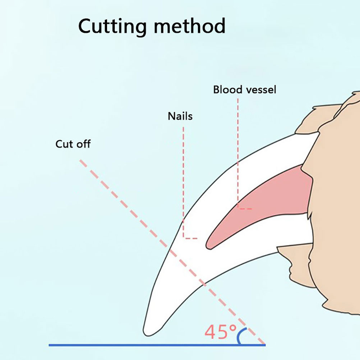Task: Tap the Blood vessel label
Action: [245, 89]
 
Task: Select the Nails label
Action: [180, 116]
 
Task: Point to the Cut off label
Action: [73, 144]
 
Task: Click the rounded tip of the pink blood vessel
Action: [211, 244]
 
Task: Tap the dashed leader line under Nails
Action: [183, 180]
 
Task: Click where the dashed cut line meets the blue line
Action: [265, 345]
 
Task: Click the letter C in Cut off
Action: [59, 144]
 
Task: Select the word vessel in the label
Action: [260, 89]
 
